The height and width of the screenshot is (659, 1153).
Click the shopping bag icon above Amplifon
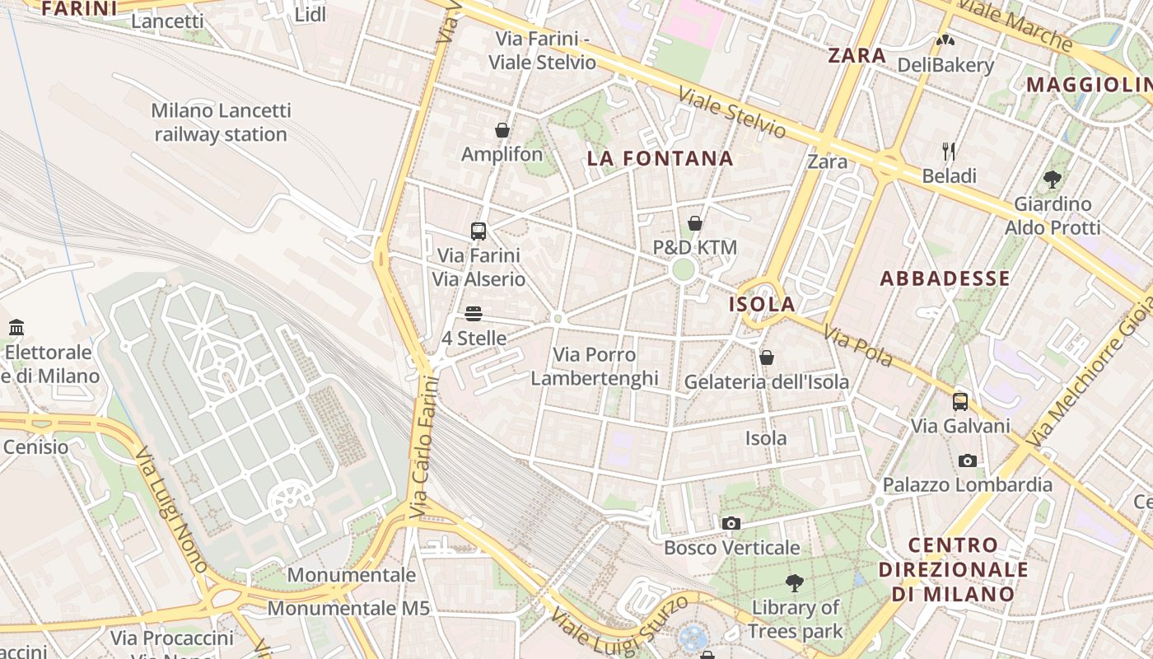coord(502,130)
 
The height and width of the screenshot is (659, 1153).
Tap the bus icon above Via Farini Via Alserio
coord(478,231)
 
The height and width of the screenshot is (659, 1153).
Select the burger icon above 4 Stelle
coord(473,314)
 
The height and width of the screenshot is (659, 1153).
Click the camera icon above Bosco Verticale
coord(731,523)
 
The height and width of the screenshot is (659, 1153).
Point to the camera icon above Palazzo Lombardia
coord(968,460)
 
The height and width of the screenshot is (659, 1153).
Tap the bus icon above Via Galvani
coord(960,402)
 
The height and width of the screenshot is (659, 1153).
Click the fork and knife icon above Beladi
coord(949,151)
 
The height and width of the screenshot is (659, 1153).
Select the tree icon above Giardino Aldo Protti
coord(1052,179)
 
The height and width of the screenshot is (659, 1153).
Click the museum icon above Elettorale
coord(16,328)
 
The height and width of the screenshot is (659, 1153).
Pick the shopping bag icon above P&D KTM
coord(694,223)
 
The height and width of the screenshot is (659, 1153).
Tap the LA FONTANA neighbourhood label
coord(660,159)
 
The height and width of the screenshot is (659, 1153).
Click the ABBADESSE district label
coord(945,278)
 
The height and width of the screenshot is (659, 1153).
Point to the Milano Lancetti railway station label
coord(221,122)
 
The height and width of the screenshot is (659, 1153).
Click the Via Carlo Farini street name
coord(422,447)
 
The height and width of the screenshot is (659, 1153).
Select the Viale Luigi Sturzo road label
coord(619,619)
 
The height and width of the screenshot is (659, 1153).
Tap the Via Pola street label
coord(858,347)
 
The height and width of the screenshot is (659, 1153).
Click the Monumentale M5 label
coord(348,608)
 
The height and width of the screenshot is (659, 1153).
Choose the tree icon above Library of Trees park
coord(795,583)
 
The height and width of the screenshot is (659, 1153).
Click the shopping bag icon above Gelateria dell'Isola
coord(766,358)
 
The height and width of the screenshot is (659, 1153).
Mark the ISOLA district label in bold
coord(762,304)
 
